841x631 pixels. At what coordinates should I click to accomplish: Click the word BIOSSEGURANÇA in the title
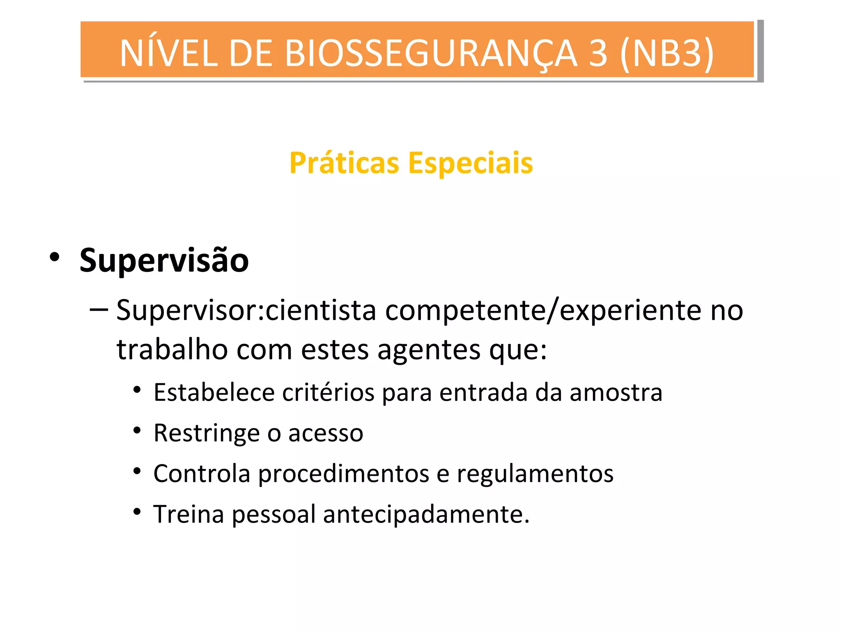(431, 53)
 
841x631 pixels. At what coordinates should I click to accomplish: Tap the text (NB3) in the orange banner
(667, 53)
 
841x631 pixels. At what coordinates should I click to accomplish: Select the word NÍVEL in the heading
(168, 53)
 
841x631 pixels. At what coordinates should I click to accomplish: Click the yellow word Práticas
(344, 164)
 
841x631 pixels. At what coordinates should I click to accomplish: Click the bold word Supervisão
(164, 260)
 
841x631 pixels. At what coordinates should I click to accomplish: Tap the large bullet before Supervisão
(54, 258)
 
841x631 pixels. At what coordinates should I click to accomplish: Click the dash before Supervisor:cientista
(99, 309)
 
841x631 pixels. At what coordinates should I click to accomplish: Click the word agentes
(429, 350)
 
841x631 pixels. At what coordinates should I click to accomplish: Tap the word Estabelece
(214, 392)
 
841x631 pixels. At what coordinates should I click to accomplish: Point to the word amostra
(616, 392)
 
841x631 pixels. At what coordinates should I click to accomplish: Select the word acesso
(326, 433)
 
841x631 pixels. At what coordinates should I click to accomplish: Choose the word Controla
(202, 474)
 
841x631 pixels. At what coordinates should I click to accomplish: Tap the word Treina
(188, 514)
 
